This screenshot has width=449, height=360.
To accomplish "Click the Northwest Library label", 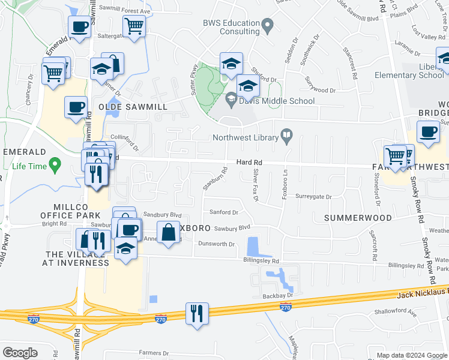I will click(246, 137).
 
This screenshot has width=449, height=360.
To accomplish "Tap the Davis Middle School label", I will click(277, 101).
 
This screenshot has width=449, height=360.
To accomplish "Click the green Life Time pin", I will click(55, 163).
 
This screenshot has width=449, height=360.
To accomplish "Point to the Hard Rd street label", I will click(249, 163).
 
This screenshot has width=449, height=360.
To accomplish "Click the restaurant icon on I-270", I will click(196, 313).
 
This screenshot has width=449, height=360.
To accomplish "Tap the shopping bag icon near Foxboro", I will click(169, 231).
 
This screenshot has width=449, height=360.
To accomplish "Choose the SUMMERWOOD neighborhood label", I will click(358, 218).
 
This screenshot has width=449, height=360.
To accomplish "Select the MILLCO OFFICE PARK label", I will click(65, 211).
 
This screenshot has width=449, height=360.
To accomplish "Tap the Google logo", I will click(20, 353).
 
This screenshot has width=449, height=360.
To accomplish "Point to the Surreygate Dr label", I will click(313, 197).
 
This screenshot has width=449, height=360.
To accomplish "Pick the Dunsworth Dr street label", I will click(216, 244).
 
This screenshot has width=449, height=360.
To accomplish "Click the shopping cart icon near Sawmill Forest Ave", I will click(134, 25).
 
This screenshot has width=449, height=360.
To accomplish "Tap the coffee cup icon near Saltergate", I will click(80, 26).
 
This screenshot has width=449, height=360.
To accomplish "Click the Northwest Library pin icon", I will click(287, 137).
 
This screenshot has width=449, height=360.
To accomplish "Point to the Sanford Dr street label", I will click(224, 212).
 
